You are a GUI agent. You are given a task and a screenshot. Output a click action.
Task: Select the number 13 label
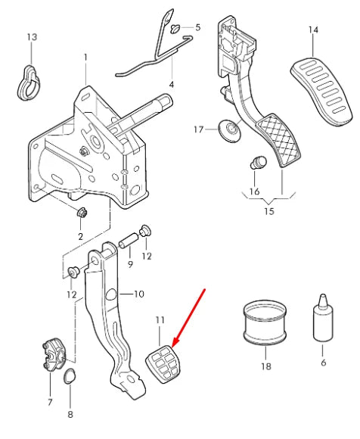31,37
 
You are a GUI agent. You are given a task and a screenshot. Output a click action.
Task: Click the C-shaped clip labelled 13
29,82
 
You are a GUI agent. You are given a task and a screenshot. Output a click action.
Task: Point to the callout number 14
313,30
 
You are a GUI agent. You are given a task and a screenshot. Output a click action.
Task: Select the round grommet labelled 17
226,130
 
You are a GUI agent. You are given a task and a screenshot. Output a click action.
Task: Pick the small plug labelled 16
256,162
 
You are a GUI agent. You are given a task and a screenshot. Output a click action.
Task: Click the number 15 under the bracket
269,210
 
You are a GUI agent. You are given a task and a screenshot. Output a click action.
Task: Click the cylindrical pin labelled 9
127,244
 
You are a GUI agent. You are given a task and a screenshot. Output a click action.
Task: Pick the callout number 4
171,84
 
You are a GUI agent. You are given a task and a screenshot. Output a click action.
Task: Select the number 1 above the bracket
85,57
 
